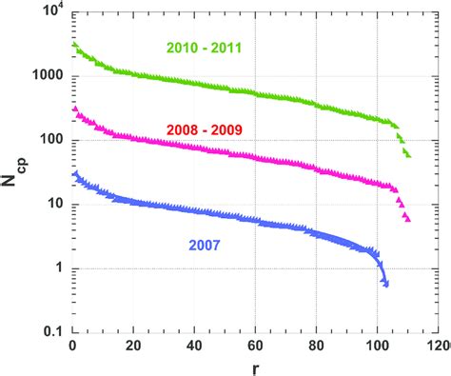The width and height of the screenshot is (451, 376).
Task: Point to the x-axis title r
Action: (x=255, y=367)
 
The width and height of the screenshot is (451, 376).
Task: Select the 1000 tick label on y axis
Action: (x=48, y=76)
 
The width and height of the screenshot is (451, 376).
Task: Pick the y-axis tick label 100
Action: (x=51, y=140)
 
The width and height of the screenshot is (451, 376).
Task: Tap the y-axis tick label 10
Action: (x=55, y=205)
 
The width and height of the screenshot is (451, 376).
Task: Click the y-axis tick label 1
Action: (x=60, y=268)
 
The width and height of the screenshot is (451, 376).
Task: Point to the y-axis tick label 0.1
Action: (x=53, y=332)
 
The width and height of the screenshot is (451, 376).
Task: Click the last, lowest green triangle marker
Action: (x=407, y=154)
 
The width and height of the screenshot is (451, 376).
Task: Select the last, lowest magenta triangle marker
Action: (x=407, y=219)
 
